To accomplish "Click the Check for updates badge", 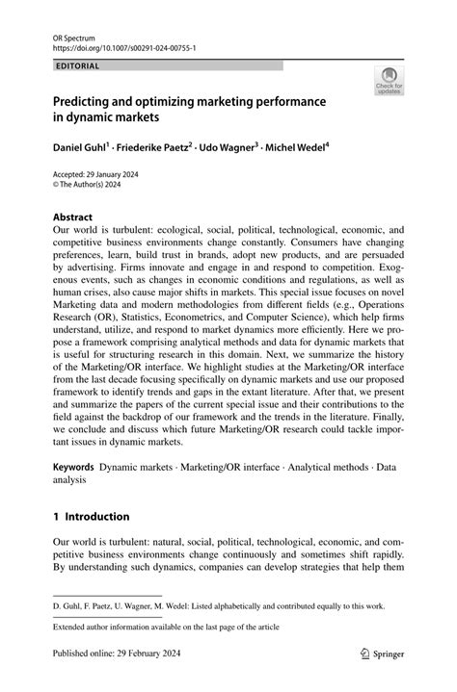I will (x=389, y=81).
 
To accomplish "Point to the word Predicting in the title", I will (x=84, y=99).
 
